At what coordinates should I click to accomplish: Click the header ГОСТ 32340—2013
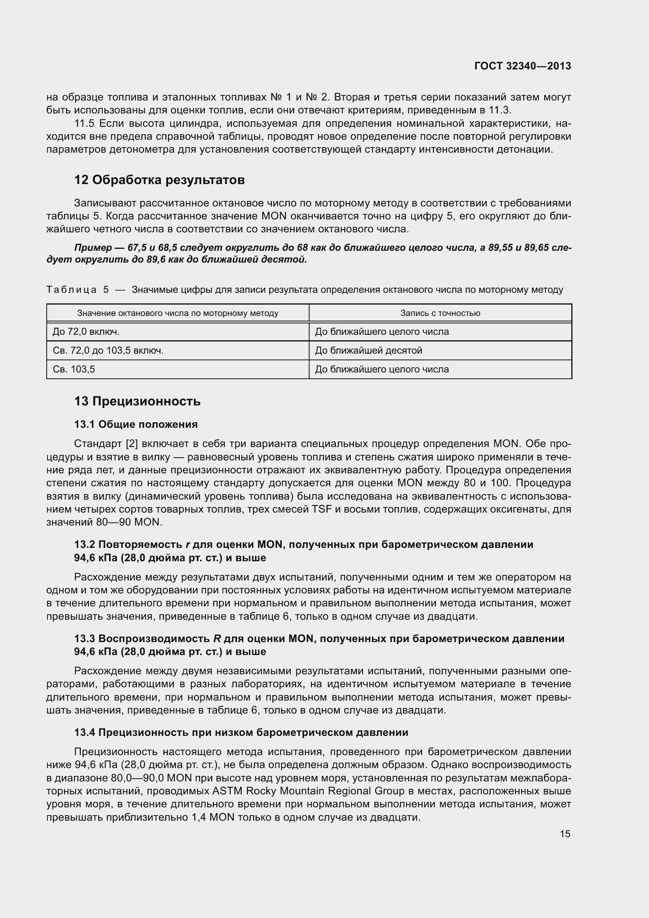point(522,66)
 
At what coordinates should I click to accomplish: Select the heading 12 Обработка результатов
point(159,180)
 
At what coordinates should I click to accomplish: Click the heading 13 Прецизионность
point(137,401)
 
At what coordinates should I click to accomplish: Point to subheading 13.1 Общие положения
point(136,424)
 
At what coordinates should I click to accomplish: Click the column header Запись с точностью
point(440,313)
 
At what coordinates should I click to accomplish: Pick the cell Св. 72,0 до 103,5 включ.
point(108,350)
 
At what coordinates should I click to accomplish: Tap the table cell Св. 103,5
point(74,369)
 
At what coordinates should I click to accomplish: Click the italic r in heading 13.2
point(188,545)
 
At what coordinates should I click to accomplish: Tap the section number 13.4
point(84,732)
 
